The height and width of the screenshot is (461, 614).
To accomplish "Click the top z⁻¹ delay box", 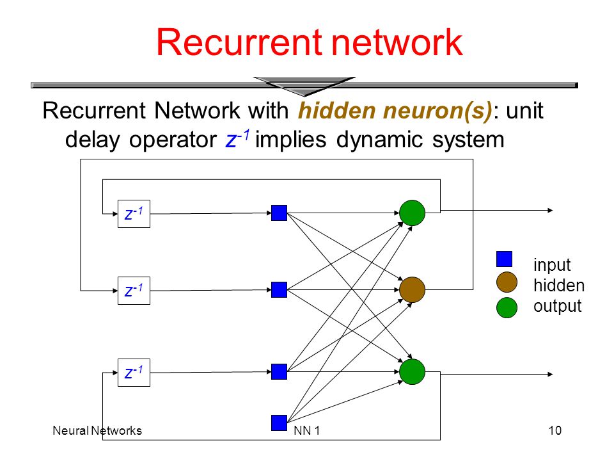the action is pyautogui.click(x=134, y=214).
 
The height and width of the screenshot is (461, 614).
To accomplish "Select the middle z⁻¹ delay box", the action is pyautogui.click(x=134, y=291).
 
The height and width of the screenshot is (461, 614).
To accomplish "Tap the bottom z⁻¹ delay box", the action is pyautogui.click(x=134, y=373).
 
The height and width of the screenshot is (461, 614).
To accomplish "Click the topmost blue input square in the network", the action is pyautogui.click(x=279, y=213).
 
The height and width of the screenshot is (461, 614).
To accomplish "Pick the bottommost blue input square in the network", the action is pyautogui.click(x=279, y=423).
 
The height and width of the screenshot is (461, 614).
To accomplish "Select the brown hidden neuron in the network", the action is pyautogui.click(x=413, y=289).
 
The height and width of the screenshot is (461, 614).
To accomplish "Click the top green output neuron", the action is pyautogui.click(x=413, y=213).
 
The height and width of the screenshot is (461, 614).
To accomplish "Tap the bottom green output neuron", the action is pyautogui.click(x=413, y=371).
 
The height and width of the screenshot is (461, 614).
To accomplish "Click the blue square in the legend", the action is pyautogui.click(x=505, y=259).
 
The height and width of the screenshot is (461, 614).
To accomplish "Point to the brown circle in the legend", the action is pyautogui.click(x=507, y=282).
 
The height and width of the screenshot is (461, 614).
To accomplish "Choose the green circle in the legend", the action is pyautogui.click(x=507, y=307).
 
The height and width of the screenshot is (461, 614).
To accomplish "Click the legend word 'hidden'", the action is pyautogui.click(x=559, y=286).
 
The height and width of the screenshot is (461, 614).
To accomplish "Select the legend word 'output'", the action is pyautogui.click(x=557, y=307).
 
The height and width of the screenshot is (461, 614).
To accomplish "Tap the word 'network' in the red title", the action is pyautogui.click(x=397, y=42).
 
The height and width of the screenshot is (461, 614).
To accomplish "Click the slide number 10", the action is pyautogui.click(x=555, y=430).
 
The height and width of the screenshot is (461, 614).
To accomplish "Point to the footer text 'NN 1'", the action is pyautogui.click(x=306, y=430).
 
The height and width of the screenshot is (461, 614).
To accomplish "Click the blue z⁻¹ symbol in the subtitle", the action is pyautogui.click(x=237, y=139).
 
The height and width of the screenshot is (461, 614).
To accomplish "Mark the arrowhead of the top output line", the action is pyautogui.click(x=551, y=211).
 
